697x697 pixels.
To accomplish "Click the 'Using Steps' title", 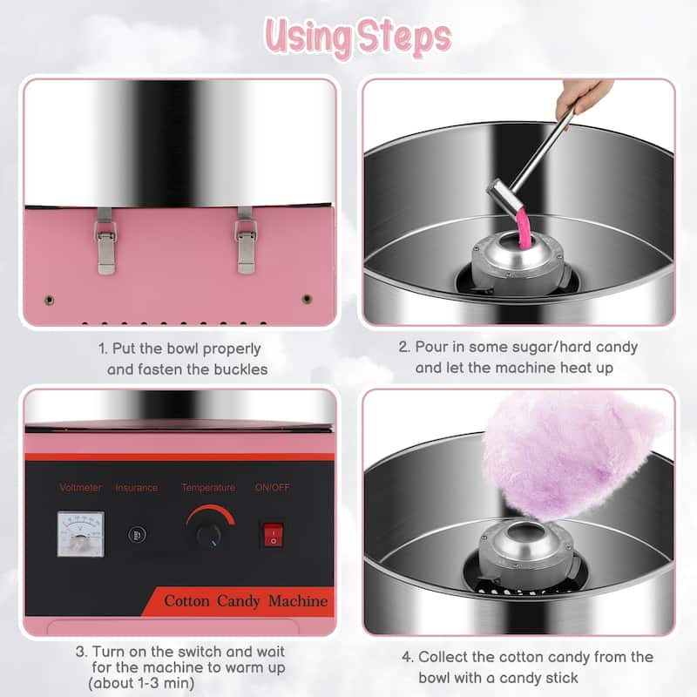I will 358,37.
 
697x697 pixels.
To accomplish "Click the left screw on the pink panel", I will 50,300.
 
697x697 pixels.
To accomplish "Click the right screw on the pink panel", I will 307,299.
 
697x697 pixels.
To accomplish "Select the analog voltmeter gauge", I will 80,533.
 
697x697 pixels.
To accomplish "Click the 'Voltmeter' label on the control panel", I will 80,487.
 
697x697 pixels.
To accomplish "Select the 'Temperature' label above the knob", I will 208,487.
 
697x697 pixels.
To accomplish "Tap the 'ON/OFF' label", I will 273,487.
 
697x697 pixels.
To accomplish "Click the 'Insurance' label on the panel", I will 137,487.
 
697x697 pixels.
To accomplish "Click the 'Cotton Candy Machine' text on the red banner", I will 246,601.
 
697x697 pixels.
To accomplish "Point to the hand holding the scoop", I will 582,97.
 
